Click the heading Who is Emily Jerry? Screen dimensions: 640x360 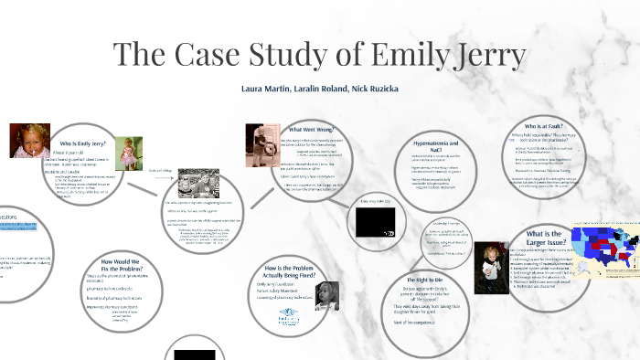(x=86, y=144)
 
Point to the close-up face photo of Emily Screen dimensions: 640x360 (x=29, y=142)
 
